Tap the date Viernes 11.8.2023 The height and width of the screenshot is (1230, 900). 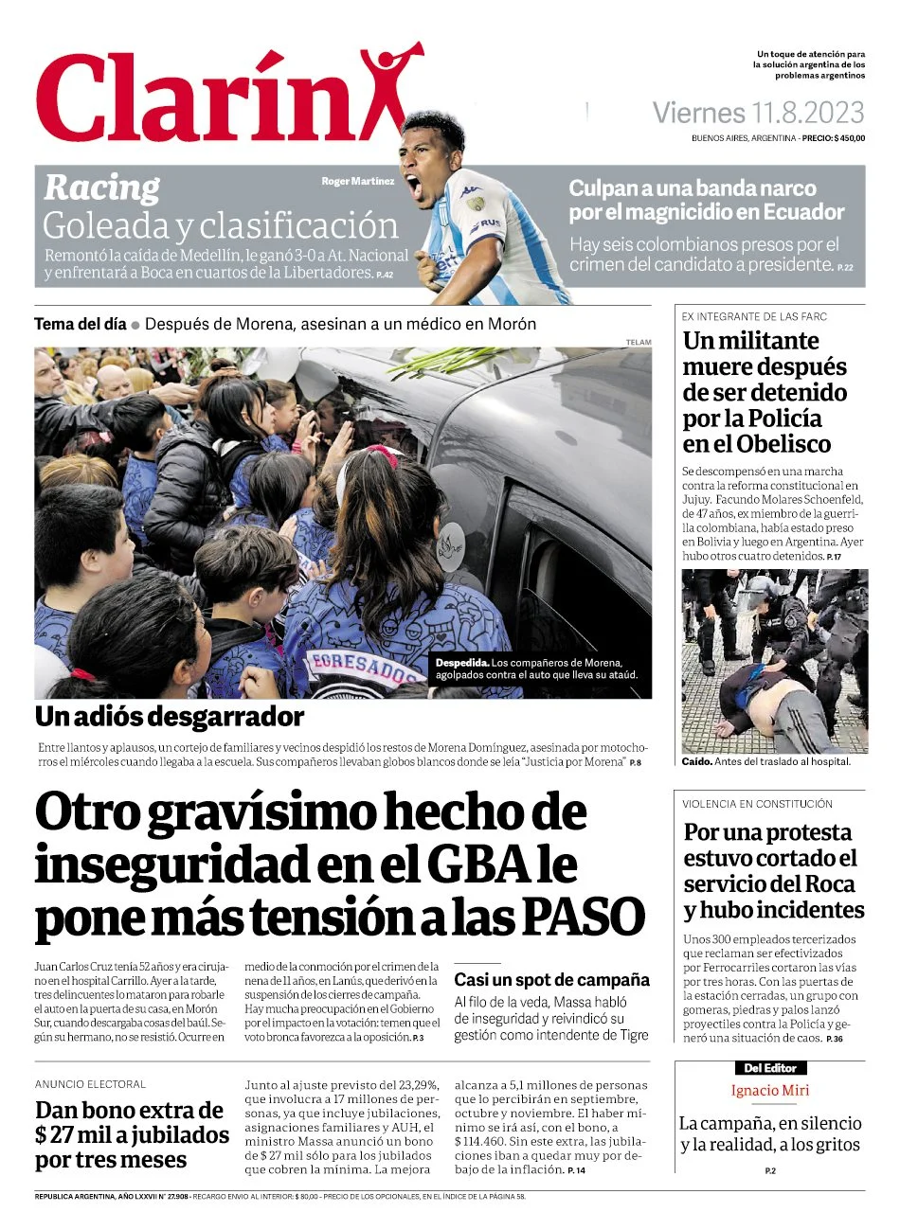(758, 114)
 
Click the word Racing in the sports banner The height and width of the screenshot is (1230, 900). (102, 187)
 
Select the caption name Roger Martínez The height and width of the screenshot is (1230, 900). (357, 182)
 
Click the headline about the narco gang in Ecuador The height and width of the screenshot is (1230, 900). (705, 200)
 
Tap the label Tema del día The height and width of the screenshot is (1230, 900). (80, 324)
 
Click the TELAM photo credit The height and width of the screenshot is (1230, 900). (639, 342)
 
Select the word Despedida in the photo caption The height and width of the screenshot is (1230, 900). (462, 663)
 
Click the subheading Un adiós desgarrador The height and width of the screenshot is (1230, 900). (170, 716)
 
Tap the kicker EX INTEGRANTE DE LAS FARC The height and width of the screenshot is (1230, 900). (754, 316)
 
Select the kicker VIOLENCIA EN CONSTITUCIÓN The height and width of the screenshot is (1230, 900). (757, 804)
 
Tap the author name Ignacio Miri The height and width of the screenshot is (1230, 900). (769, 1090)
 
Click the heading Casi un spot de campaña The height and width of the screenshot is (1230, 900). (551, 980)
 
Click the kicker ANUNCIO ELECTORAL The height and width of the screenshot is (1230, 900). (91, 1084)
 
